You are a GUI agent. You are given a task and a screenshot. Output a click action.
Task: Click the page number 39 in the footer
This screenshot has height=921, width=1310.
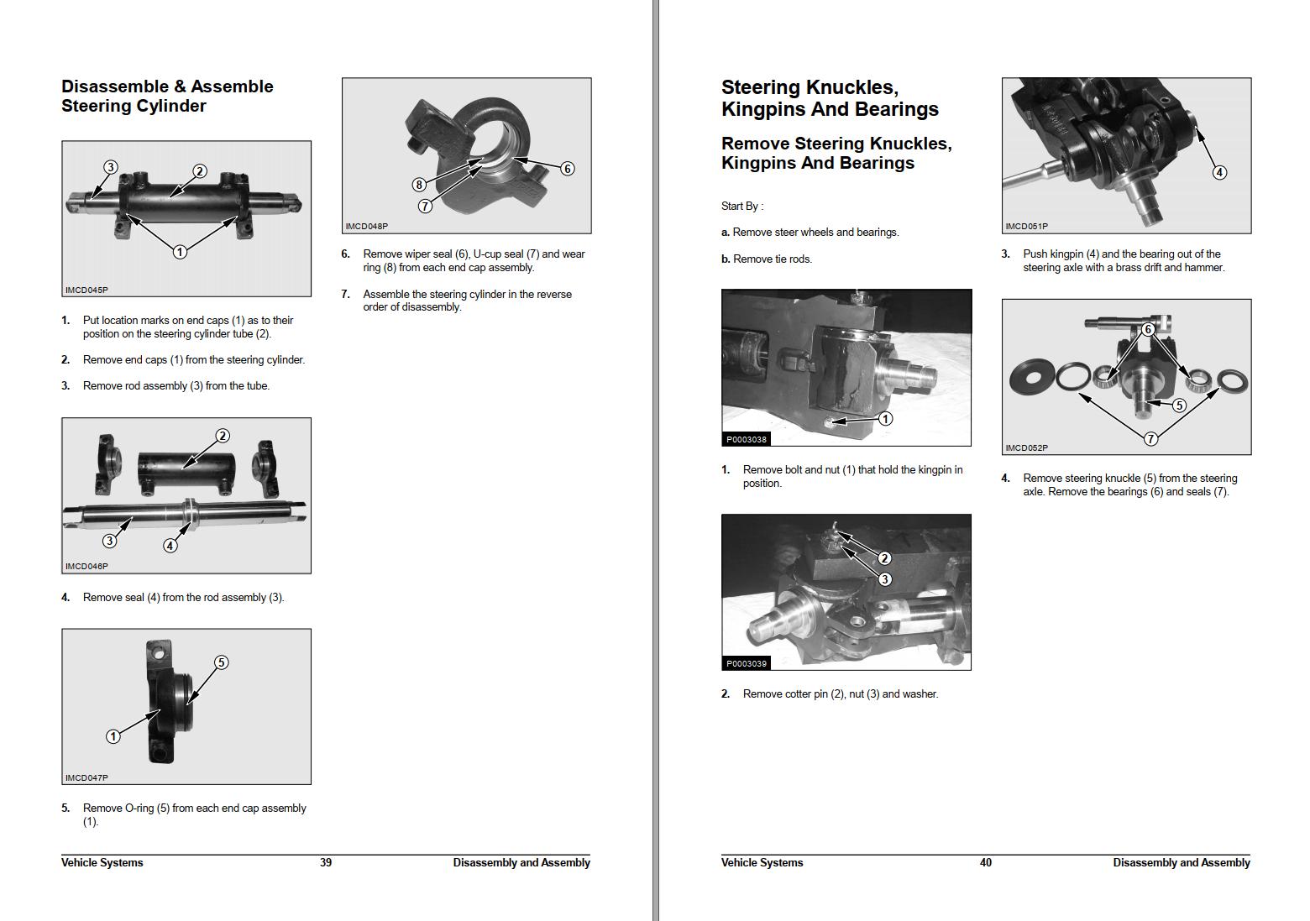pyautogui.click(x=326, y=862)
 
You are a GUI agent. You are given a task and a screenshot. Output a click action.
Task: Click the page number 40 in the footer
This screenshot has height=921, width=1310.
pyautogui.click(x=986, y=862)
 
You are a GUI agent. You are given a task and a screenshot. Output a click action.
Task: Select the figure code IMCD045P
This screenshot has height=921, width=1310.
pyautogui.click(x=86, y=290)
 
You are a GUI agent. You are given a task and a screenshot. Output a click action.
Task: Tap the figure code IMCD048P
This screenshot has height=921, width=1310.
pyautogui.click(x=367, y=227)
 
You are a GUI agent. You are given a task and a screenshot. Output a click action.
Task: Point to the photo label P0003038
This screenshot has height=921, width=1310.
pyautogui.click(x=747, y=439)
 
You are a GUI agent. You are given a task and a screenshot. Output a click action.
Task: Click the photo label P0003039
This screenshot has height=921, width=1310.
pyautogui.click(x=747, y=663)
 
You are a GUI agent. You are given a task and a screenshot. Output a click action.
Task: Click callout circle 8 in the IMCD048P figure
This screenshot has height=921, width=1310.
pyautogui.click(x=418, y=185)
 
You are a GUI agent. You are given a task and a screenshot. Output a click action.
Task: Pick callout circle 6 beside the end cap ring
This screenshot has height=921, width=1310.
pyautogui.click(x=568, y=169)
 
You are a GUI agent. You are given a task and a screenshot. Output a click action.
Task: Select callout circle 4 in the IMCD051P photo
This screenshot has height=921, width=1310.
pyautogui.click(x=1219, y=172)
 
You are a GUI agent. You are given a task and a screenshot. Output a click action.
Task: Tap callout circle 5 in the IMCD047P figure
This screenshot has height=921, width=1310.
pyautogui.click(x=221, y=662)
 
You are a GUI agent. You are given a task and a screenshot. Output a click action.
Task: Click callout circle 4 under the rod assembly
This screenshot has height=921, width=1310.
pyautogui.click(x=170, y=546)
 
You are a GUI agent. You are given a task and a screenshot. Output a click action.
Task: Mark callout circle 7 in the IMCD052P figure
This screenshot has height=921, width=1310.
pyautogui.click(x=1151, y=438)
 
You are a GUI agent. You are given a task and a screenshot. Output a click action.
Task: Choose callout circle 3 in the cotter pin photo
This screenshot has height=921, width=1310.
pyautogui.click(x=884, y=579)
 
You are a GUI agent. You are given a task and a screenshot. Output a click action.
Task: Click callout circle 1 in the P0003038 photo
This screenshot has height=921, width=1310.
pyautogui.click(x=885, y=418)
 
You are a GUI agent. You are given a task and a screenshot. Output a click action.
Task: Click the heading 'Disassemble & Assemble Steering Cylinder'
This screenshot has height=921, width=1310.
pyautogui.click(x=167, y=96)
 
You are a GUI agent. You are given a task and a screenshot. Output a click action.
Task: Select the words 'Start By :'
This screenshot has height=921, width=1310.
pyautogui.click(x=742, y=206)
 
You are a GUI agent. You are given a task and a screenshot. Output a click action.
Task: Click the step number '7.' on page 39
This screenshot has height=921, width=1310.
pyautogui.click(x=345, y=294)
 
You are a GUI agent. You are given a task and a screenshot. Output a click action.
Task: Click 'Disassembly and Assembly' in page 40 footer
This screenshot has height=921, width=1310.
pyautogui.click(x=1181, y=862)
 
